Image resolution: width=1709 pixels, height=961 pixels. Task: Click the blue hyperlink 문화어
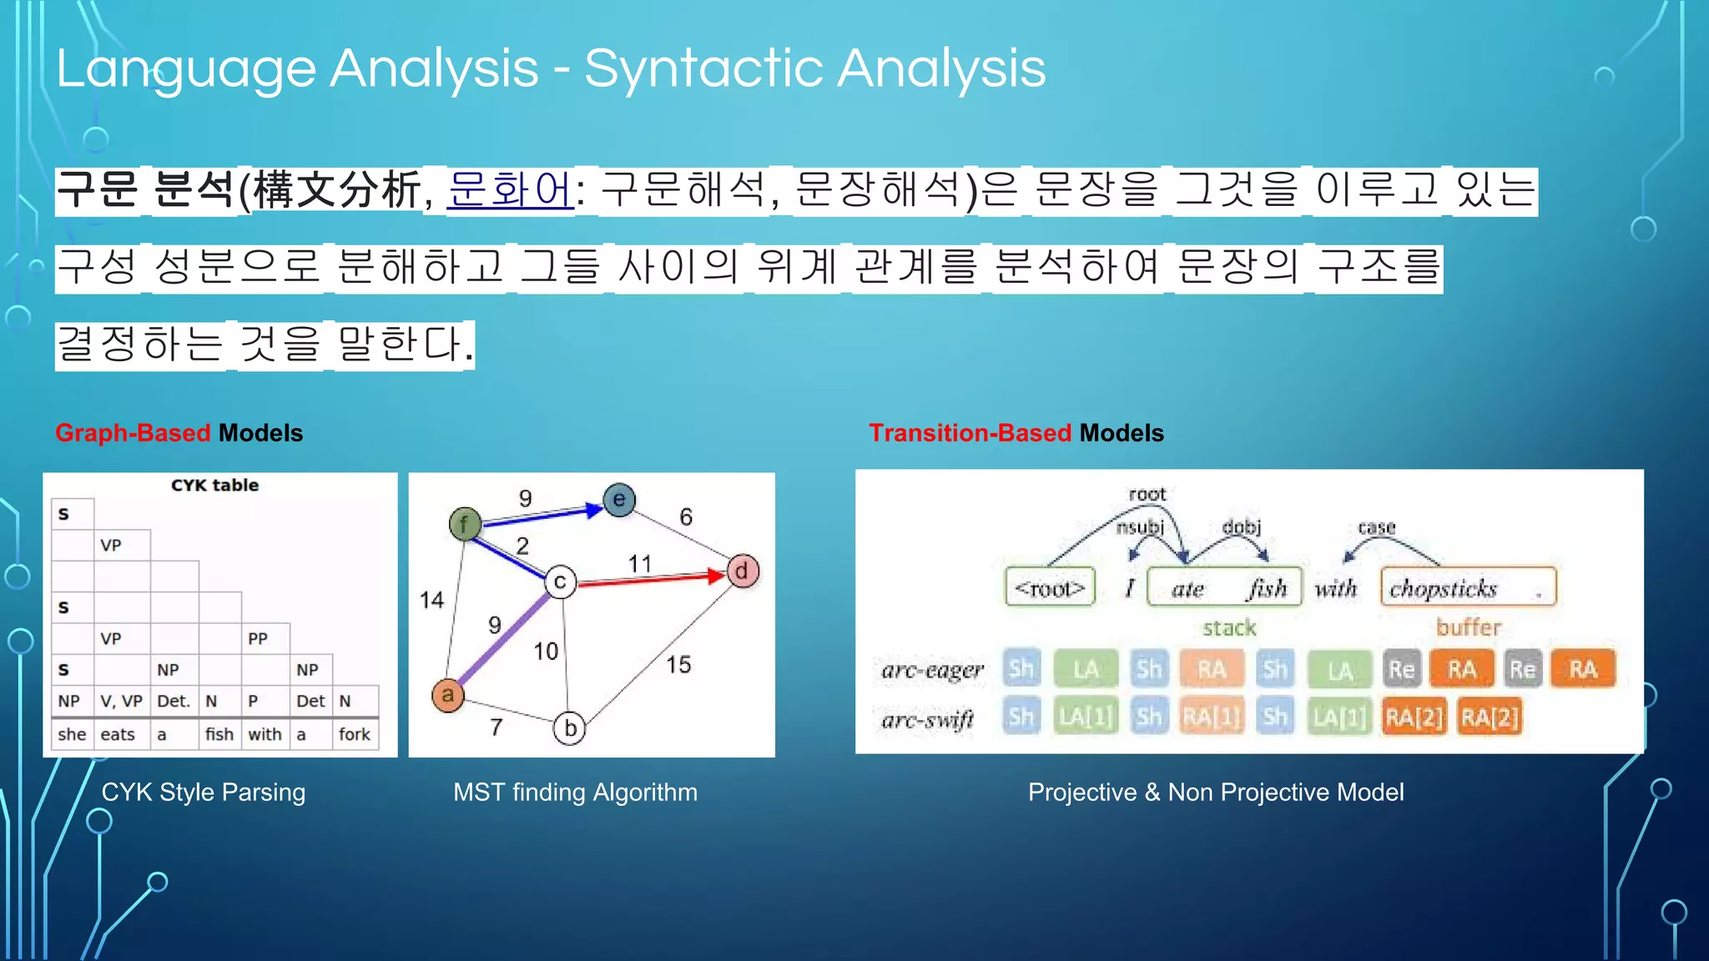pos(510,190)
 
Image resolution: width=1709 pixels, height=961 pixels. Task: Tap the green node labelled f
pos(465,524)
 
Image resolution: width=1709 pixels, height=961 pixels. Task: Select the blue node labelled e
pos(619,500)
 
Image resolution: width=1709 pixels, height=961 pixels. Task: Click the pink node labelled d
pos(742,571)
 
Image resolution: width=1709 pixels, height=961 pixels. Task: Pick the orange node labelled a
pos(448,695)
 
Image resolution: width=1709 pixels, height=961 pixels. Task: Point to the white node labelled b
pos(570,728)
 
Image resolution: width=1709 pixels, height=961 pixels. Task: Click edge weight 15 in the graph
pos(678,665)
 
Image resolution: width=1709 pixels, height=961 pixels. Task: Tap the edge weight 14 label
pos(431,600)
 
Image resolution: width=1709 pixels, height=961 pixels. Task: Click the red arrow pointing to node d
pos(651,579)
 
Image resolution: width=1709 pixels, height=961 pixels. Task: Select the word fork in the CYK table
pos(355,734)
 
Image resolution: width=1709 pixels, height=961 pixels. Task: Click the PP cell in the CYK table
pos(258,639)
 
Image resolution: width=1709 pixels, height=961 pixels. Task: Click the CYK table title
pos(214,486)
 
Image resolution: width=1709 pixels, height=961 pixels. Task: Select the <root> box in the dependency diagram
pos(1050,589)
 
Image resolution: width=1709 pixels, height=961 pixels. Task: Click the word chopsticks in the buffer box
pos(1444,589)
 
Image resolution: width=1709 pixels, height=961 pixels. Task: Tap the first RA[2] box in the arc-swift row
pos(1414,717)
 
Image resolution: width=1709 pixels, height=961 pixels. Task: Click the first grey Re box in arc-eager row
pos(1401,670)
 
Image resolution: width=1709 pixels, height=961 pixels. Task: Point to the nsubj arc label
pos(1140,527)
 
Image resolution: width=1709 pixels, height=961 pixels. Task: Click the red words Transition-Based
pos(970,433)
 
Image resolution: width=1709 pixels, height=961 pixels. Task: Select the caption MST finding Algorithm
pos(575,792)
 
